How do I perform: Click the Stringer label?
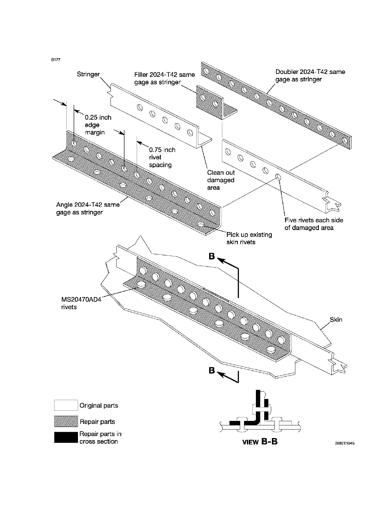pos(88,74)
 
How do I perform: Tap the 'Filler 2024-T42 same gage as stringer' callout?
pos(164,78)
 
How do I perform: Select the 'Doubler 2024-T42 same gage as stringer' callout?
pos(310,76)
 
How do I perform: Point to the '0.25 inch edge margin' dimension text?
pos(98,125)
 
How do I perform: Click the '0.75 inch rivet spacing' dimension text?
pos(162,157)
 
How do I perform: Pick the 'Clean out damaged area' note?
pos(221,180)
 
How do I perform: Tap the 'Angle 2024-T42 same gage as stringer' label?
pos(88,208)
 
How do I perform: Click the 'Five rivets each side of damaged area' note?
pos(314,224)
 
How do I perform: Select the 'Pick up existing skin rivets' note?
pos(249,238)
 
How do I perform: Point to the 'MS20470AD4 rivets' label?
pos(81,303)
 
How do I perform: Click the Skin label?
pos(336,319)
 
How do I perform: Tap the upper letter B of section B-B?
pos(212,256)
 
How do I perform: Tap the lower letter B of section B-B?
pos(212,371)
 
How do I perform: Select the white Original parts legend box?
pos(66,405)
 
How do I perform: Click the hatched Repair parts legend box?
pos(66,421)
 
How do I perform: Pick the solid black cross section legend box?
pos(66,438)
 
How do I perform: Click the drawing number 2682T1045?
pos(345,443)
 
